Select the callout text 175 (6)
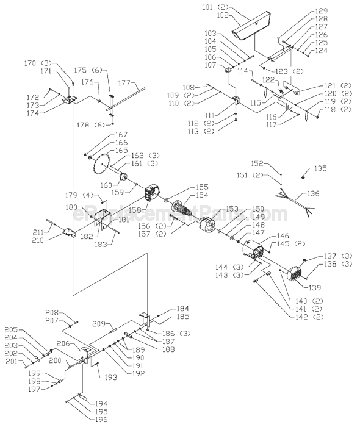tap(89, 71)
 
